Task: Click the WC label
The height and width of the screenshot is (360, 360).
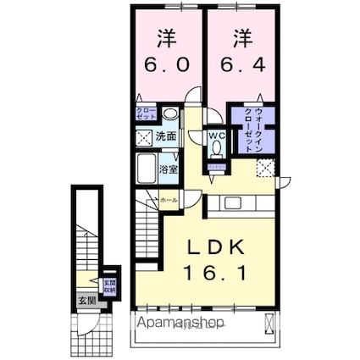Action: click(x=216, y=135)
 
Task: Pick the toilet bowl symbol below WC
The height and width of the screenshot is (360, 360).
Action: click(x=216, y=147)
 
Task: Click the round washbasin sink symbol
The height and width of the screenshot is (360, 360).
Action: click(x=170, y=117)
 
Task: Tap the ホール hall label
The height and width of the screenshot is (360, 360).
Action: click(x=169, y=201)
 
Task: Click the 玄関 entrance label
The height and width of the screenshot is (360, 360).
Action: click(x=87, y=300)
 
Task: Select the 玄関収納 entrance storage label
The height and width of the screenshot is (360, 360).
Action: click(x=109, y=287)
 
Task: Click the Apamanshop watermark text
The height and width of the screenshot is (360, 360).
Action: click(x=178, y=324)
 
